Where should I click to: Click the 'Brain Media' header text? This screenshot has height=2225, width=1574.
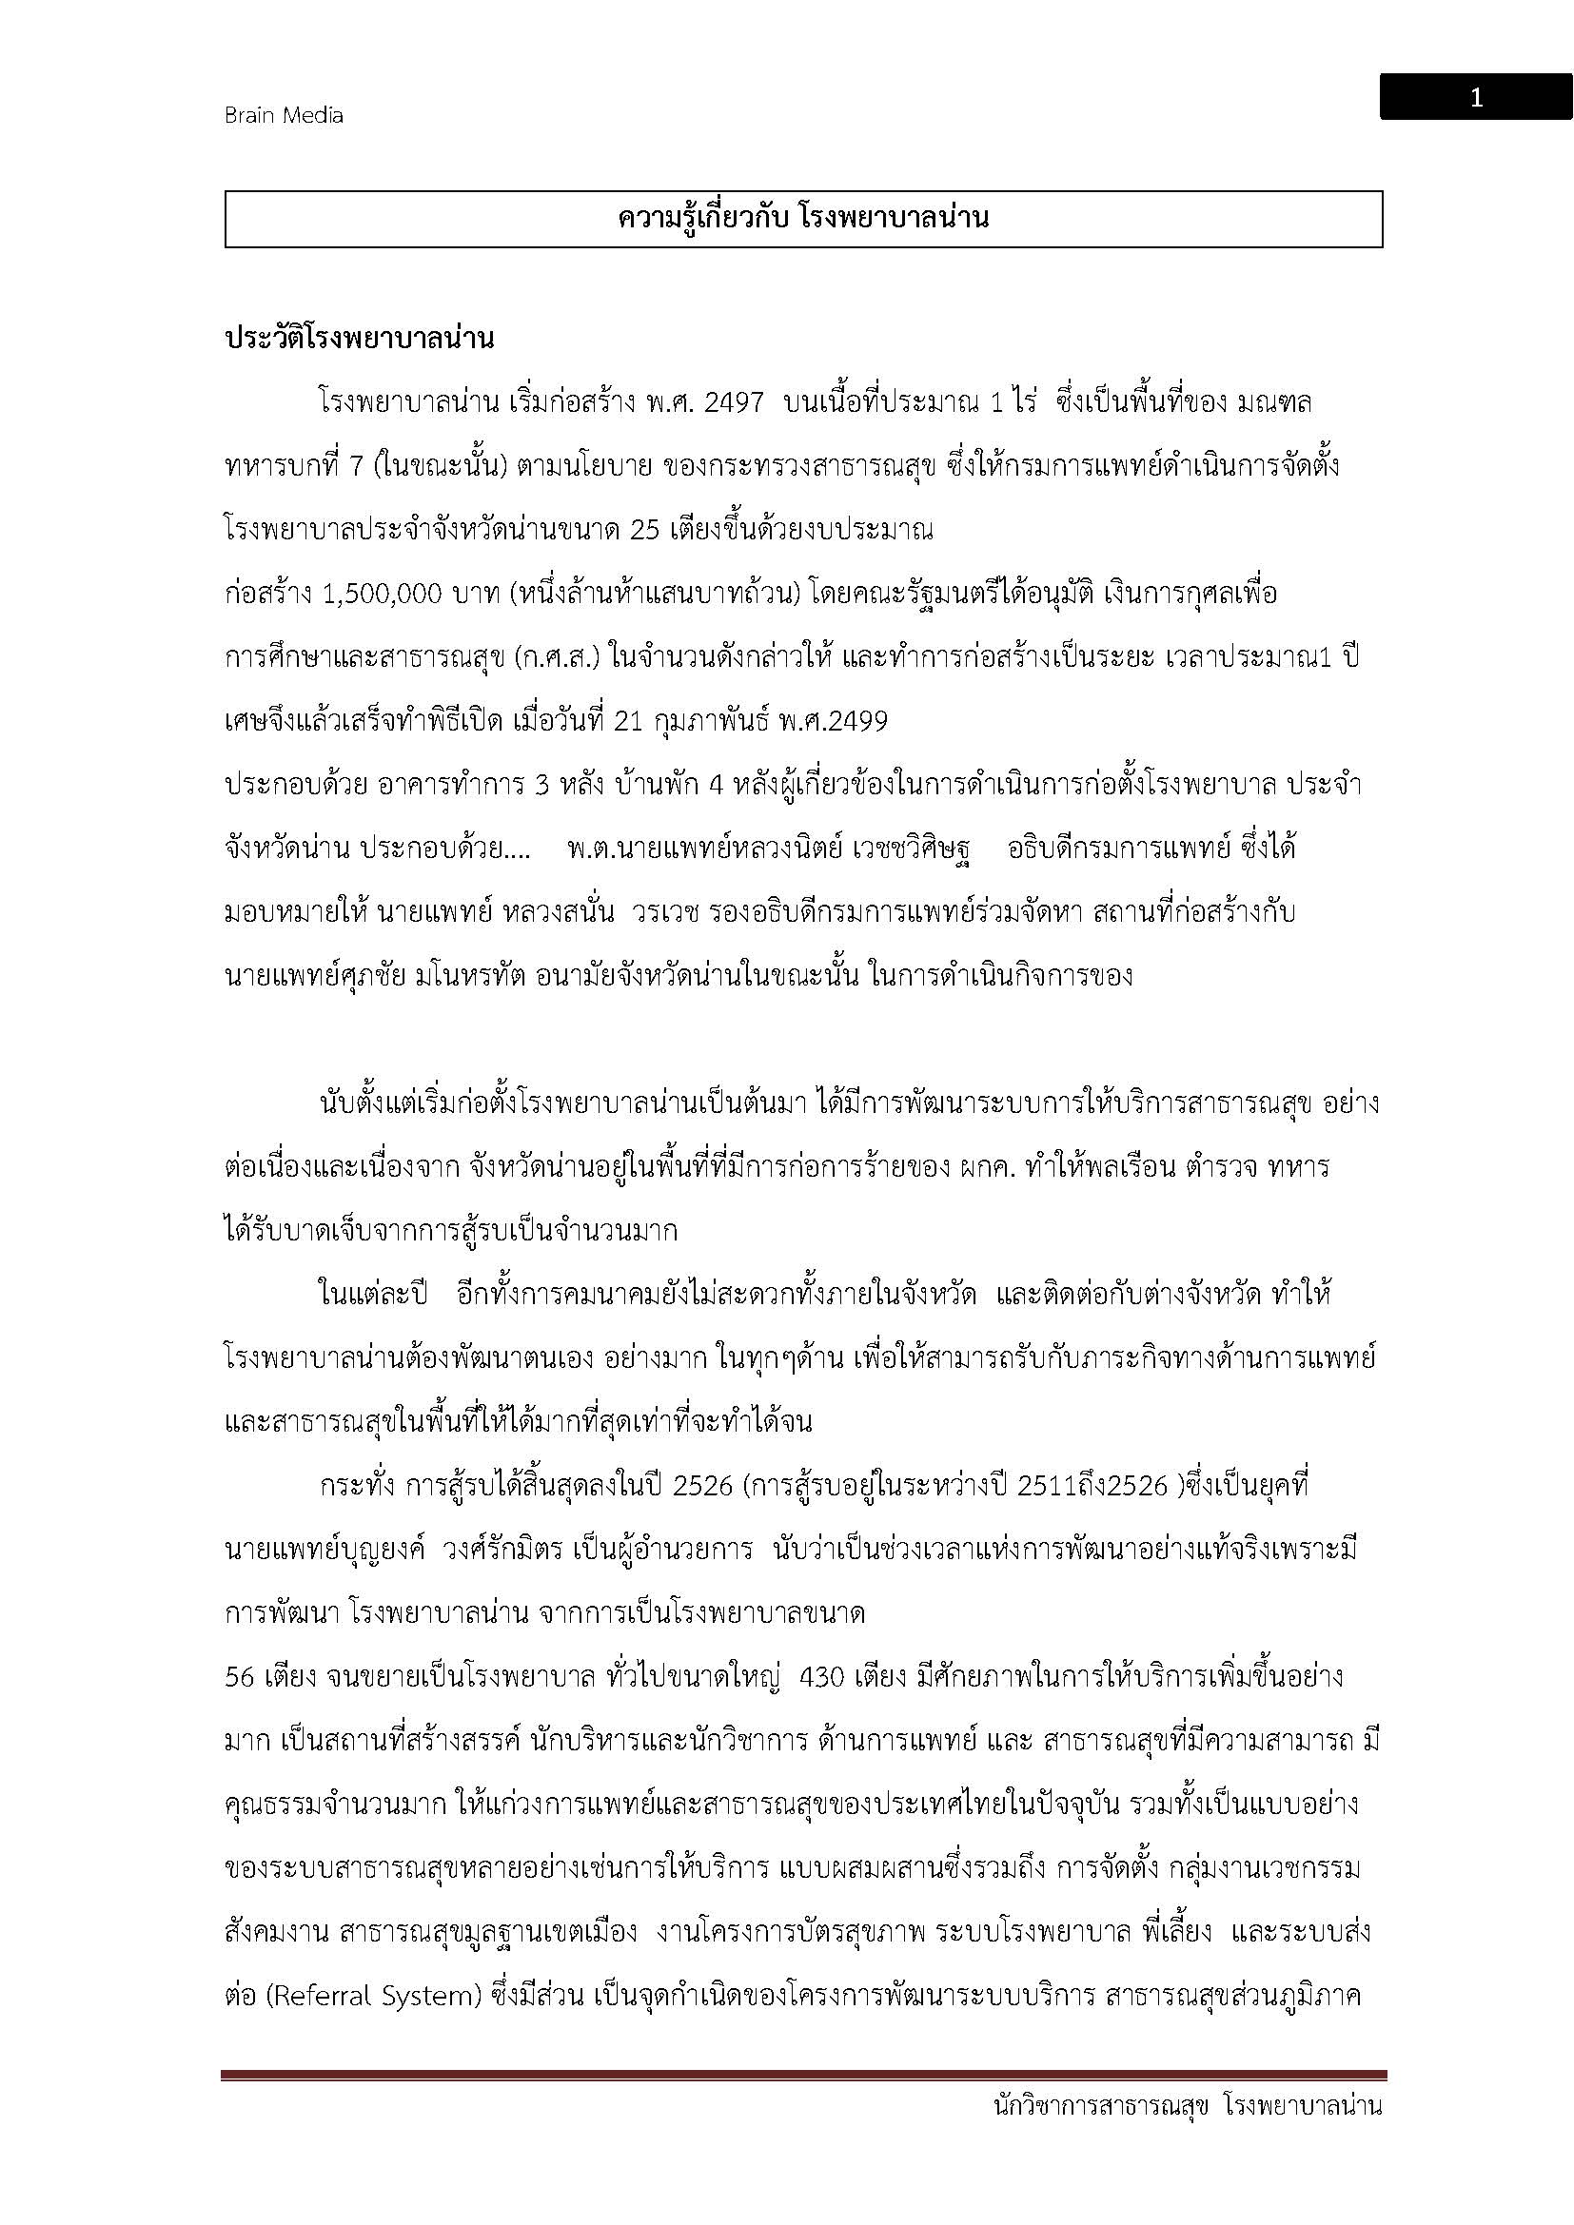[x=283, y=115]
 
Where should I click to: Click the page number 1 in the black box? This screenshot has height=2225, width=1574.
[x=1475, y=98]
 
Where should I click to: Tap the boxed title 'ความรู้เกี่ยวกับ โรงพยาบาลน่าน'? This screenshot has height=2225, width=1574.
[x=802, y=219]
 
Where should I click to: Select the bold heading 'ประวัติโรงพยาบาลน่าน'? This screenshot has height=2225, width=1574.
[x=360, y=339]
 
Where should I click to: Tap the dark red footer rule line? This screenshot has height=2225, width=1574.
[x=802, y=2075]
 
